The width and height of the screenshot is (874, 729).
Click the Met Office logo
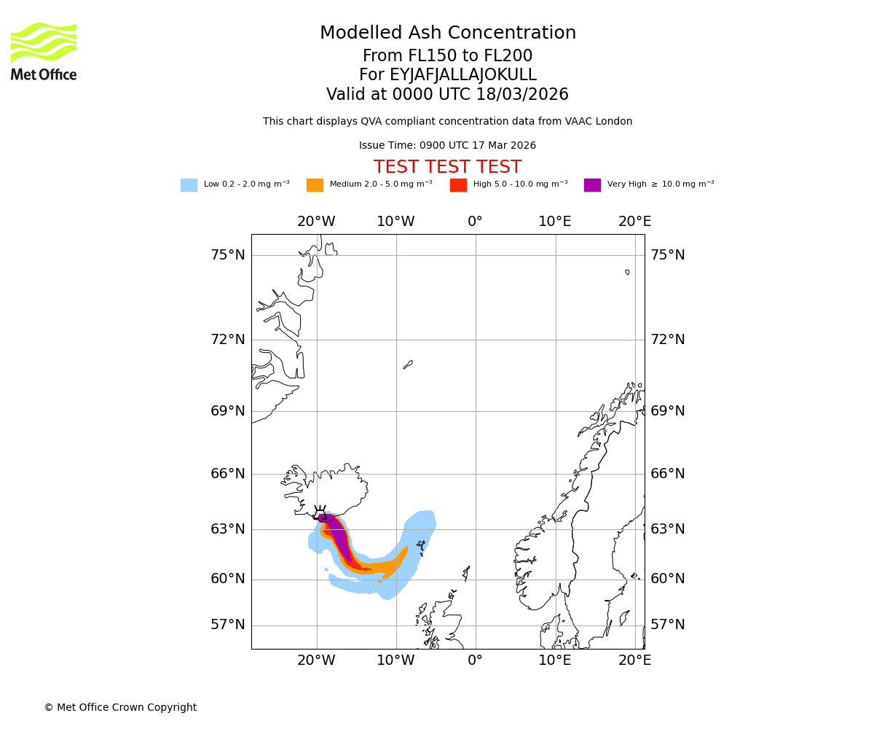pos(44,51)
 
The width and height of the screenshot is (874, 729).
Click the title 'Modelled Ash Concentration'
pos(447,34)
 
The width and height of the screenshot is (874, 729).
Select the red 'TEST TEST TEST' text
pos(447,168)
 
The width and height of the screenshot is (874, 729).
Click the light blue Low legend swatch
pos(189,185)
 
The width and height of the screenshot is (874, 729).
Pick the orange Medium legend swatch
pos(315,185)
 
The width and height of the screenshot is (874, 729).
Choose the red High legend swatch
pos(458,185)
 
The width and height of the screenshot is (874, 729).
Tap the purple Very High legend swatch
pos(592,185)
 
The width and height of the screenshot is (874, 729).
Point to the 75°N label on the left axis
pos(228,255)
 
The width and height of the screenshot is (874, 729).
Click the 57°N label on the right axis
pos(667,625)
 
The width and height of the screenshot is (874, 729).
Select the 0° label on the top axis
pos(475,222)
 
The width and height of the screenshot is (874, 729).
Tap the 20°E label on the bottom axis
pos(634,660)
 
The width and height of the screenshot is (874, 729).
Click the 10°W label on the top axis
pos(395,222)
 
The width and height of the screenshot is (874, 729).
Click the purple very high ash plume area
pos(336,536)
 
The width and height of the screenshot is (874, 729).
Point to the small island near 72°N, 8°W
pos(408,364)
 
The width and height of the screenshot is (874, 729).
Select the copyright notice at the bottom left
pos(120,707)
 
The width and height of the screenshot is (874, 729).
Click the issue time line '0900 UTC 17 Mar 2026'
pos(447,146)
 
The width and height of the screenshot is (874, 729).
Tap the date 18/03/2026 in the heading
pos(522,95)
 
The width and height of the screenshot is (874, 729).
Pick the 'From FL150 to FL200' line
pos(447,56)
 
